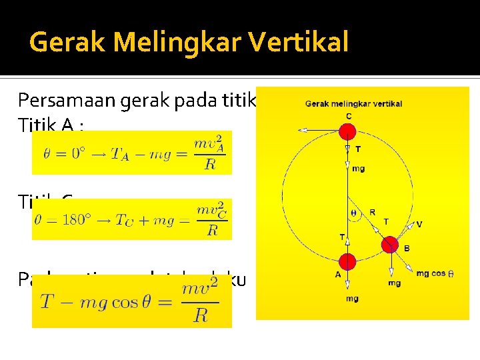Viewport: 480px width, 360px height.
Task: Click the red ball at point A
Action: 347,263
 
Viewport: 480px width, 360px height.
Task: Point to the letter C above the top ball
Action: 348,116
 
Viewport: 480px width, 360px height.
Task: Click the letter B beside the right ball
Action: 407,249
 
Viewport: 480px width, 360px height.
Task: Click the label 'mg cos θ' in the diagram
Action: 435,273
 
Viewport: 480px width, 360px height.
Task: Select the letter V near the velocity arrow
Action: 419,224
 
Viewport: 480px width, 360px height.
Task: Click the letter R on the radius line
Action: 372,213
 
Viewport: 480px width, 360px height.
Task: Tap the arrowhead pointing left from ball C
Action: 302,131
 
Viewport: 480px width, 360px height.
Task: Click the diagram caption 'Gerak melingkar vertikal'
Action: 353,103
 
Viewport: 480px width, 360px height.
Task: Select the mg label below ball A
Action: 351,299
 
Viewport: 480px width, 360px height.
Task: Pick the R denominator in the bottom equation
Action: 201,315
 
